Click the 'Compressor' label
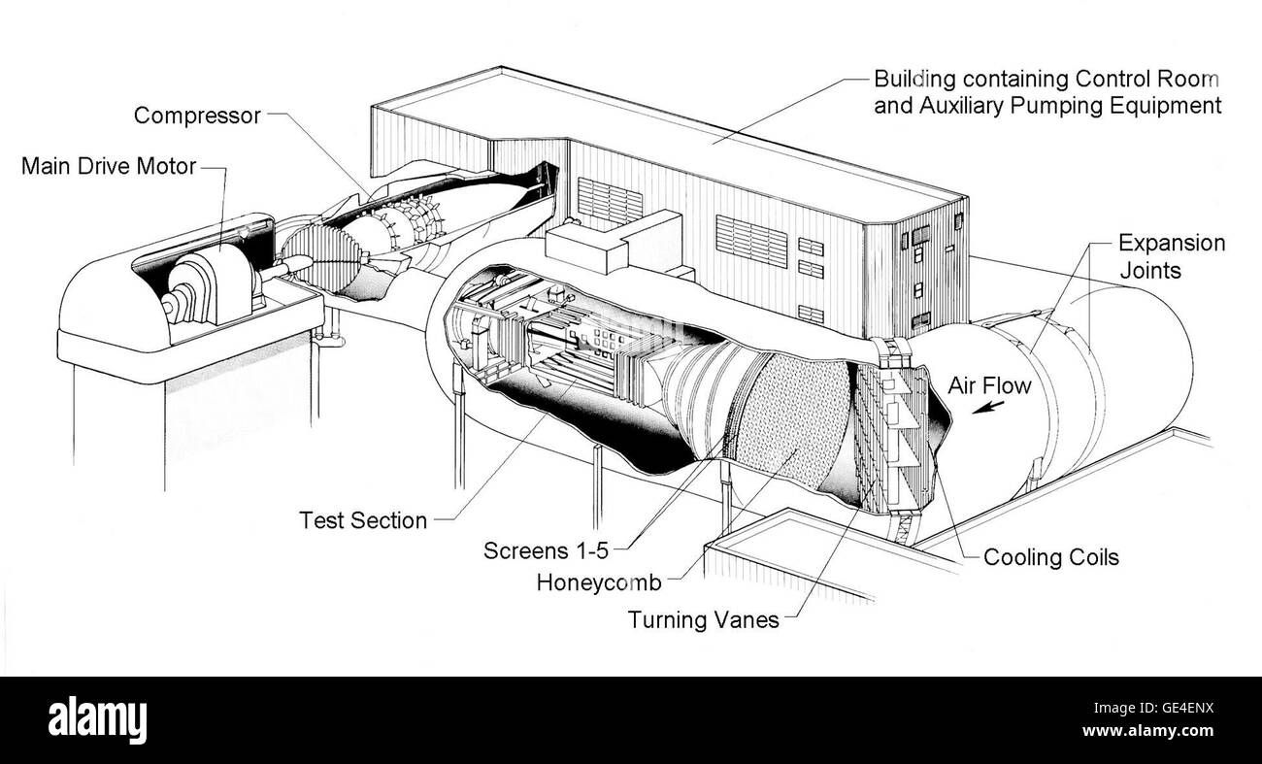[197, 116]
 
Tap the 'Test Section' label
[363, 520]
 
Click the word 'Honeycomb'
[598, 582]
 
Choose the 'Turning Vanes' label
[703, 619]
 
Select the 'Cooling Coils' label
[1050, 557]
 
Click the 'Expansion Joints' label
[1171, 255]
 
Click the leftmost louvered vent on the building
[610, 202]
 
